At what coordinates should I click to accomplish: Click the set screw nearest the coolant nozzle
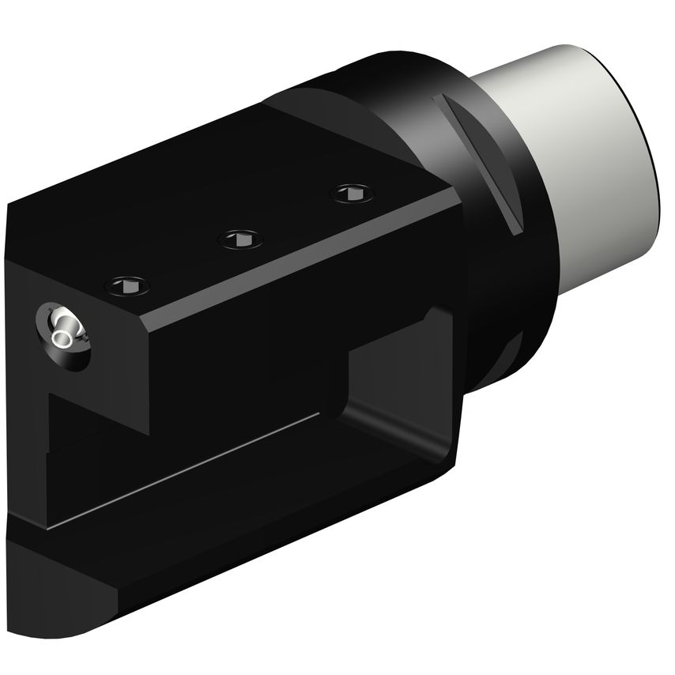tap(127, 283)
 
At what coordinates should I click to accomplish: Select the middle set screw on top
tap(239, 238)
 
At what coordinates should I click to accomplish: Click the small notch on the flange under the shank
tap(514, 348)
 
